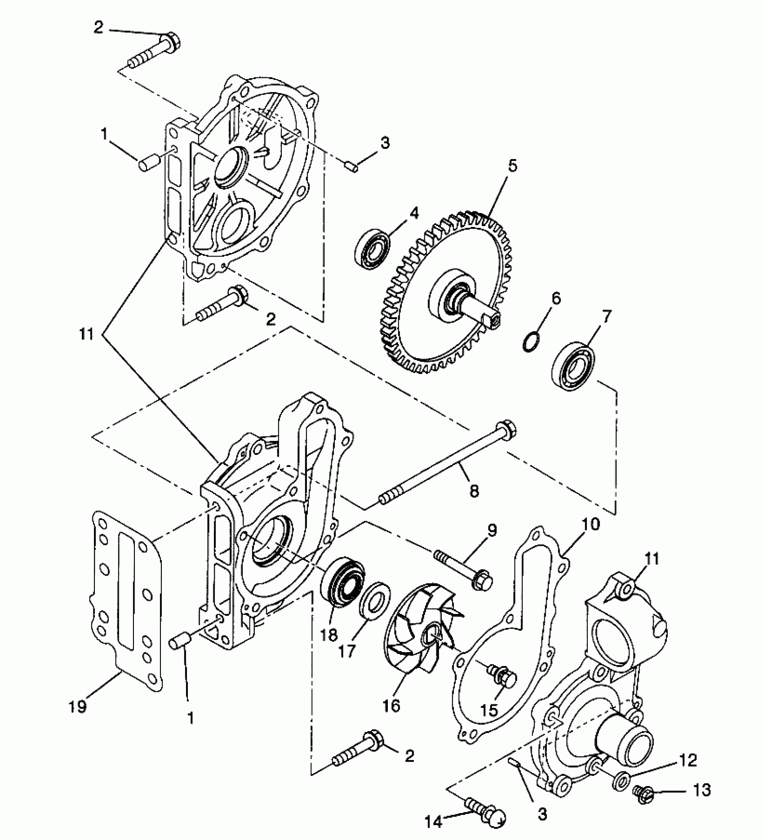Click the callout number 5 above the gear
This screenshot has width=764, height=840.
click(x=512, y=166)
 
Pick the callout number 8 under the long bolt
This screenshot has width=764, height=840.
click(x=474, y=491)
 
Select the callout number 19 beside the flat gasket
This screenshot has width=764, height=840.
click(x=77, y=707)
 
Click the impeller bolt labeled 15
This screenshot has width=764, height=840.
click(x=504, y=676)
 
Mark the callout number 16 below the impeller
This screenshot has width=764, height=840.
click(x=391, y=706)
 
